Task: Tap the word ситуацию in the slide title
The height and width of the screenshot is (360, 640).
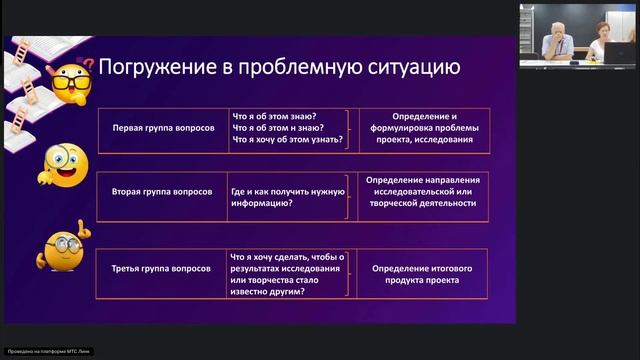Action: (412, 67)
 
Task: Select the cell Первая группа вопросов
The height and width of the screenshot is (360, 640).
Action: (161, 128)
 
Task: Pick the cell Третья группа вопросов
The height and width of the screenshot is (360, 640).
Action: (161, 270)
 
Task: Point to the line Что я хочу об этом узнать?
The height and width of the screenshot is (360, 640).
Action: (287, 140)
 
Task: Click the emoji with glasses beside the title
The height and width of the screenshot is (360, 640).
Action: (71, 77)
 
